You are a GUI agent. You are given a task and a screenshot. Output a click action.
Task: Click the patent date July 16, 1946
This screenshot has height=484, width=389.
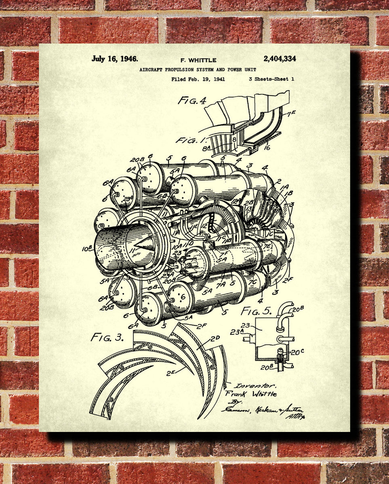click(114, 59)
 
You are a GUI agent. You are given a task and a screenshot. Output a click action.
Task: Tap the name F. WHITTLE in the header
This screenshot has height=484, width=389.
click(198, 60)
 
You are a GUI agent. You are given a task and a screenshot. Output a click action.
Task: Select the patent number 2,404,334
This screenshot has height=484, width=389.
click(280, 59)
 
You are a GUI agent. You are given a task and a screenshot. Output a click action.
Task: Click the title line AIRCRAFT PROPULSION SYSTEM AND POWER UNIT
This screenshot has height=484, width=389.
click(198, 70)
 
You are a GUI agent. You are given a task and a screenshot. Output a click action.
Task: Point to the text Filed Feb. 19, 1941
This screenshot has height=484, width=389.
click(198, 79)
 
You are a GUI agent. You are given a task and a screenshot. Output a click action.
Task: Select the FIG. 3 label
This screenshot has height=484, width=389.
click(107, 337)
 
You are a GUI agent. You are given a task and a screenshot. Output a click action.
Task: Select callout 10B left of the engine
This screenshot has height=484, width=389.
click(87, 249)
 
